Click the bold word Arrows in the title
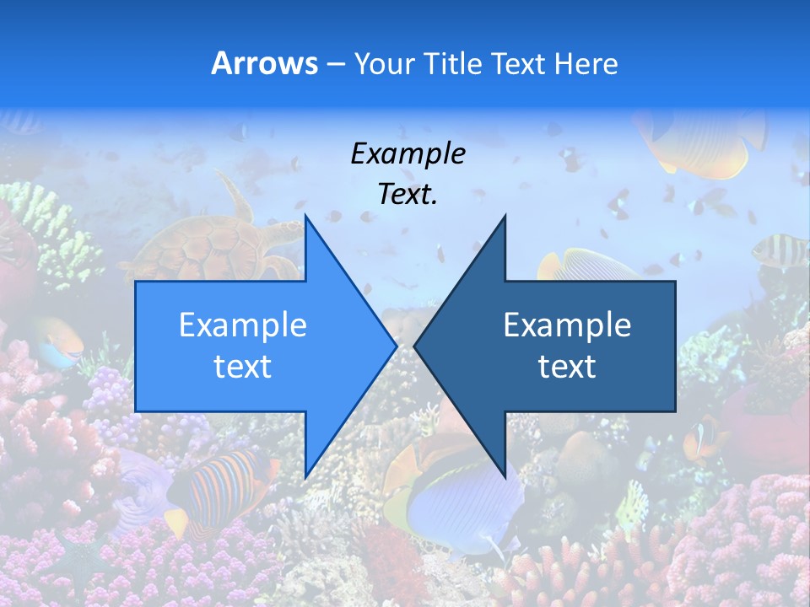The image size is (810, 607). coord(265,63)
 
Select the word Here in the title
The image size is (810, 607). coord(586,63)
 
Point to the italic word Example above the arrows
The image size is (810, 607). coord(408,153)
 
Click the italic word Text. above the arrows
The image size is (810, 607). coord(408,194)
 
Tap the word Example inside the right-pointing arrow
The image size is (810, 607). coord(243,325)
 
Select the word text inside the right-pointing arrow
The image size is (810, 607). coord(243,367)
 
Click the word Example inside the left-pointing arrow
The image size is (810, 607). coord(567,325)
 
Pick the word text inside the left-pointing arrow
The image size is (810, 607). coord(567,367)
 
